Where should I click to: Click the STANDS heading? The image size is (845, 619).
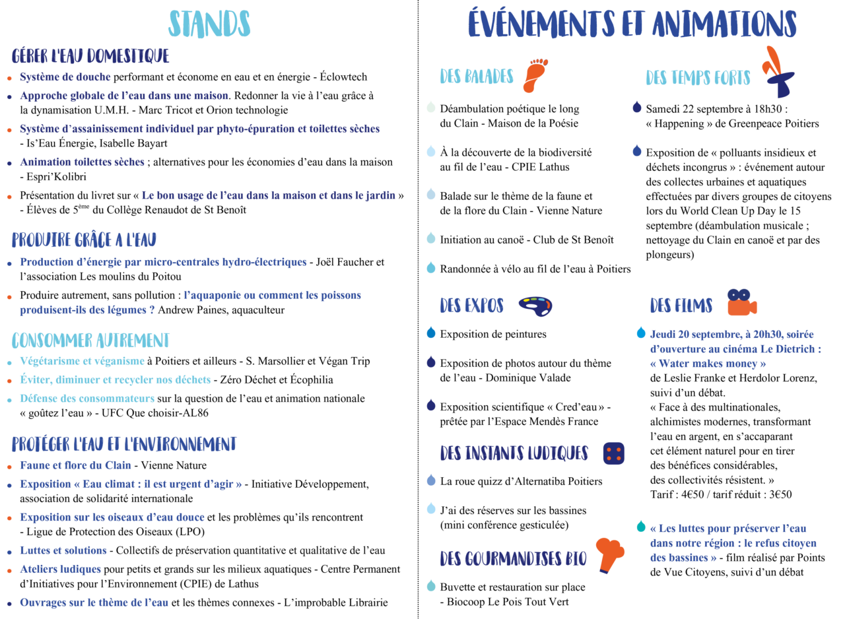(209, 24)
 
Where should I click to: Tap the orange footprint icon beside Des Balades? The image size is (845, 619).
(535, 75)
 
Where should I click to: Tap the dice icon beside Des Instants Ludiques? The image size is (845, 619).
(613, 453)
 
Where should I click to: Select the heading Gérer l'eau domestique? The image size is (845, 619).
(90, 55)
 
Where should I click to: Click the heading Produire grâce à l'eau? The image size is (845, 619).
(84, 240)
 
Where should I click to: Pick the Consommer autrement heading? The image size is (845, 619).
(90, 340)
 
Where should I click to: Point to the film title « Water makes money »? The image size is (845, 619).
(708, 364)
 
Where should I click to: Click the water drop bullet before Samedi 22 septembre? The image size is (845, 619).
(637, 107)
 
